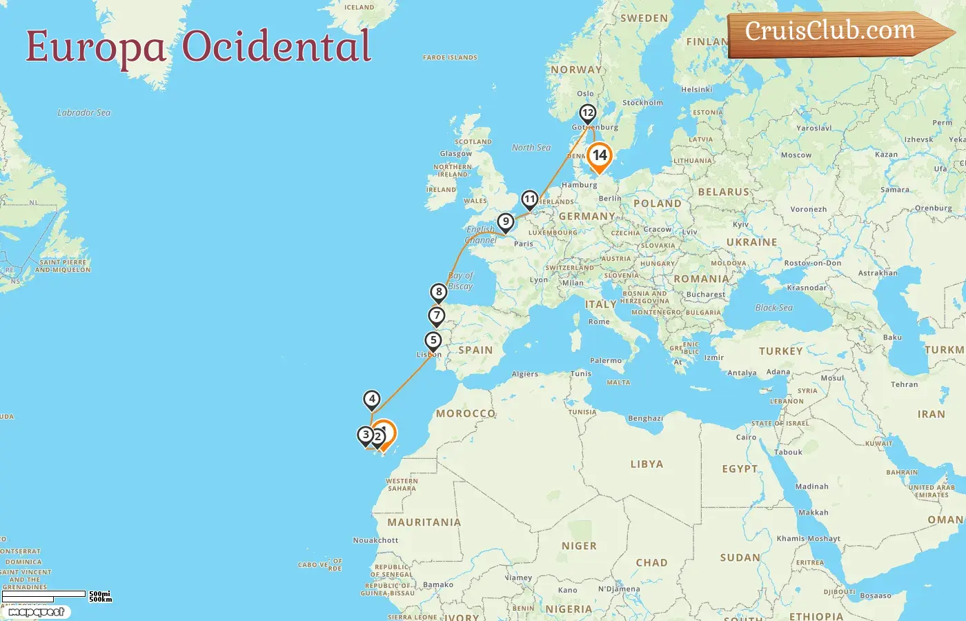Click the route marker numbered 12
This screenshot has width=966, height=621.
point(587,113)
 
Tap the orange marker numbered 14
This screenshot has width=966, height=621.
point(599,156)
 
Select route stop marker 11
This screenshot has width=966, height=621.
point(529,200)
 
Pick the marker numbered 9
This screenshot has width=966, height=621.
point(506,222)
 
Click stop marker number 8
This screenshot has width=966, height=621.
point(439,292)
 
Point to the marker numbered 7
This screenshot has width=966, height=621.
point(436,316)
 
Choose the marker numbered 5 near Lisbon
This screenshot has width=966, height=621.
point(433,340)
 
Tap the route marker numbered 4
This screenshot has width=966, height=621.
point(372,399)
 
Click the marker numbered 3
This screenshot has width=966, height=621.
point(366,435)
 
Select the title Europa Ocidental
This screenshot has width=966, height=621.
point(199,47)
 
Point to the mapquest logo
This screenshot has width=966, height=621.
point(37,612)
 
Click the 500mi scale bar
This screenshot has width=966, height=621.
point(44,594)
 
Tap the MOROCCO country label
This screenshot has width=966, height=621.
point(466,413)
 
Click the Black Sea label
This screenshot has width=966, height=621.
point(773,308)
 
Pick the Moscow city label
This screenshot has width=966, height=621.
point(796,155)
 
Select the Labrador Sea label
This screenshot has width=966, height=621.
point(84,112)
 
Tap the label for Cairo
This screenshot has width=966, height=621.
point(746,437)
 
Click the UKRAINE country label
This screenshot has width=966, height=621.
point(751,242)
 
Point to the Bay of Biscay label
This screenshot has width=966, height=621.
point(460,281)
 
